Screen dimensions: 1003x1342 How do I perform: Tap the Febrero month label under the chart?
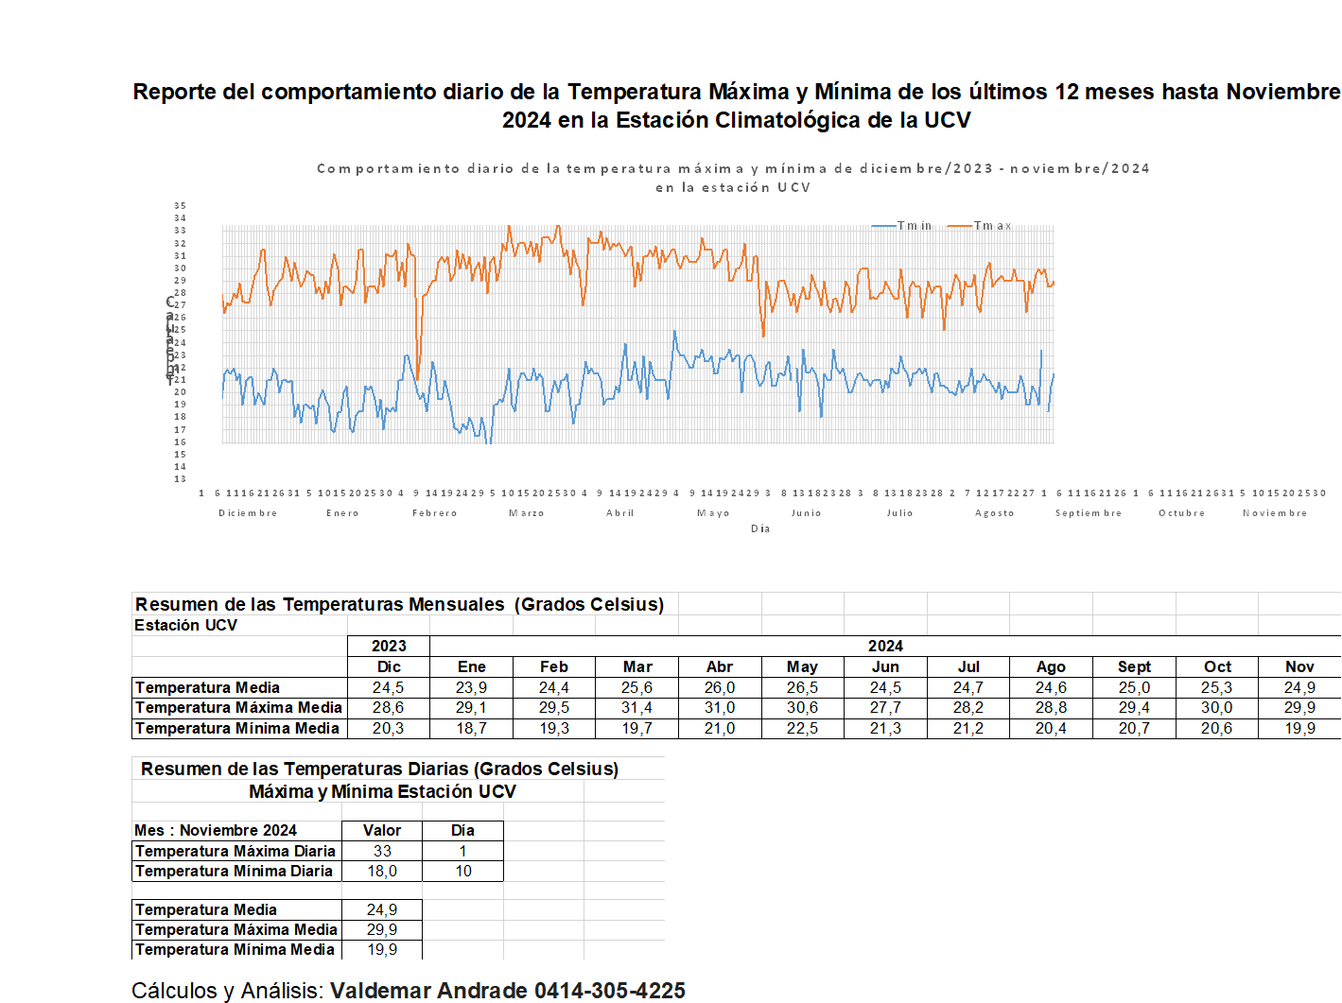[x=434, y=513]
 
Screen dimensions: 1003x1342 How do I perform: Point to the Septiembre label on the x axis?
[x=1088, y=513]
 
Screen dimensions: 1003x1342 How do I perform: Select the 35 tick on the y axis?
[x=180, y=206]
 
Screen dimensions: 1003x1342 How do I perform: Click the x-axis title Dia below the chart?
[x=760, y=529]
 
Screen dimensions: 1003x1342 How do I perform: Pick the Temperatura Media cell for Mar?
[x=636, y=687]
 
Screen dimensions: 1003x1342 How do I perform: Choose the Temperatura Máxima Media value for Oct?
[x=1216, y=707]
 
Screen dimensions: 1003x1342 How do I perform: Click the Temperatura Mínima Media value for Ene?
[x=471, y=728]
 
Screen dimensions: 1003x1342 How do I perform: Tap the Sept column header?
[x=1134, y=666]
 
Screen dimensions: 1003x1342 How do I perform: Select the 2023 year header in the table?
[x=389, y=646]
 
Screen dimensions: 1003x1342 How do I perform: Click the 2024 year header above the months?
[x=885, y=646]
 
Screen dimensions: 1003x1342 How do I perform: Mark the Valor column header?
[x=382, y=830]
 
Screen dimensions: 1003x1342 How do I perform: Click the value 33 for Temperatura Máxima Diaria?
[x=382, y=851]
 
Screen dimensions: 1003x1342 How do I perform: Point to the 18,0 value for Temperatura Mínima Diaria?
[x=382, y=871]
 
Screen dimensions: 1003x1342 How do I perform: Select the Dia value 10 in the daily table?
[x=462, y=871]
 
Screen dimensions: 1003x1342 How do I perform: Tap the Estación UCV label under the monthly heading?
[x=185, y=625]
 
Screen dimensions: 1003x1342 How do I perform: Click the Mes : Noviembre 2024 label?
[x=216, y=830]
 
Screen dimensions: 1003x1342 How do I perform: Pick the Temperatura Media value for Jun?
[x=885, y=687]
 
